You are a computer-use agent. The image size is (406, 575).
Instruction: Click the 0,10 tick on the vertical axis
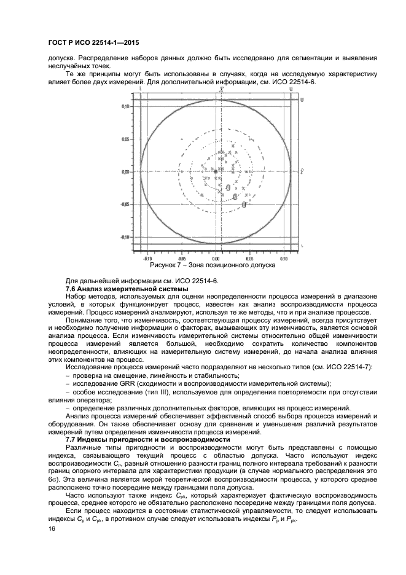[125, 106]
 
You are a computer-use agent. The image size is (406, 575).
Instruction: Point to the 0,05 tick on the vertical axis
[125, 139]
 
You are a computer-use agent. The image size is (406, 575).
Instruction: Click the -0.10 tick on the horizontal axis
[147, 259]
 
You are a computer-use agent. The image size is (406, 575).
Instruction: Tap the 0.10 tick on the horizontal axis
[283, 259]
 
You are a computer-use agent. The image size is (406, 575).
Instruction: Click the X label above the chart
[212, 90]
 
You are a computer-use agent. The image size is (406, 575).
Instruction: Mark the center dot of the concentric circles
[216, 172]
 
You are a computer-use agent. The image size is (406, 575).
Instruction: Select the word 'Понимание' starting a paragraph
[84, 320]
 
